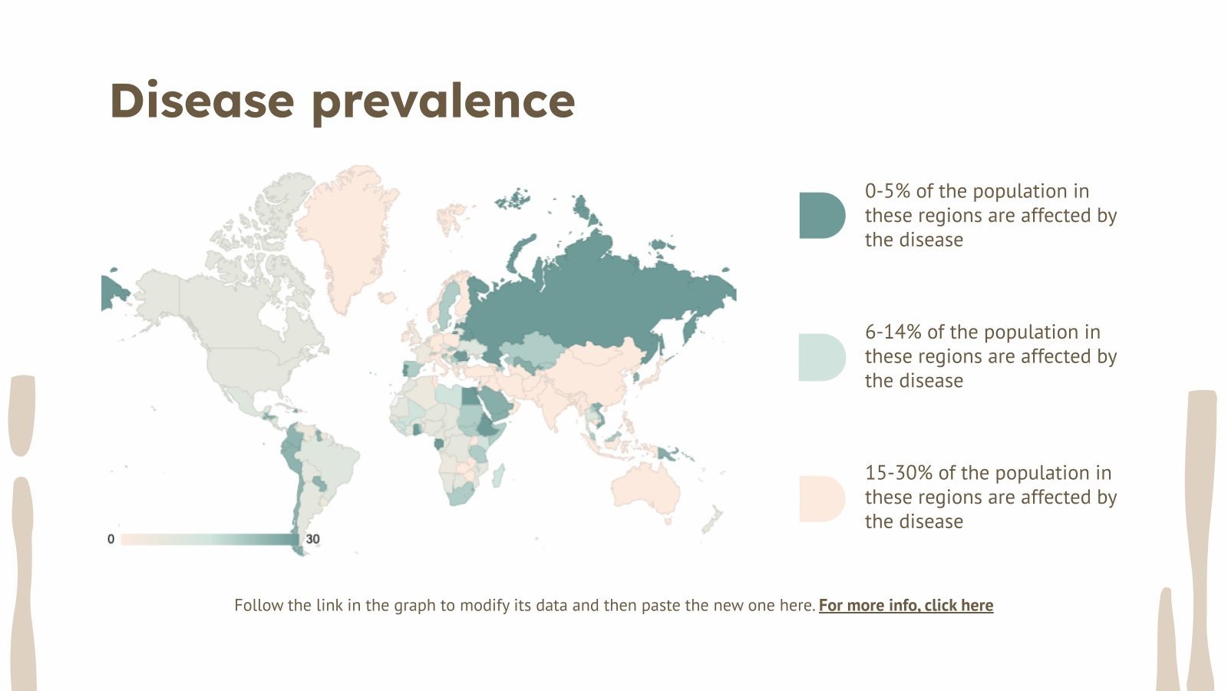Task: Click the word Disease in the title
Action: click(x=202, y=101)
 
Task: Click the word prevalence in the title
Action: click(x=444, y=102)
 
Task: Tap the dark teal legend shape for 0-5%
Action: click(x=820, y=216)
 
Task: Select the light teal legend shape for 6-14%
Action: click(x=820, y=357)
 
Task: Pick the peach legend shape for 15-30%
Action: click(x=820, y=498)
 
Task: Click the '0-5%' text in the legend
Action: click(x=887, y=191)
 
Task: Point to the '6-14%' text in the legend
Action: click(x=893, y=332)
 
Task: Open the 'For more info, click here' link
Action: click(x=906, y=605)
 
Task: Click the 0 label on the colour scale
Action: click(x=111, y=539)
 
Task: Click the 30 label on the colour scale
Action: click(x=312, y=539)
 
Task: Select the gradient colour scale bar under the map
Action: click(x=209, y=539)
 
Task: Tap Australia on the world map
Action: click(x=646, y=491)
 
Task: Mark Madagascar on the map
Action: click(x=497, y=475)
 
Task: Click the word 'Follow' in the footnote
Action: click(x=258, y=605)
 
